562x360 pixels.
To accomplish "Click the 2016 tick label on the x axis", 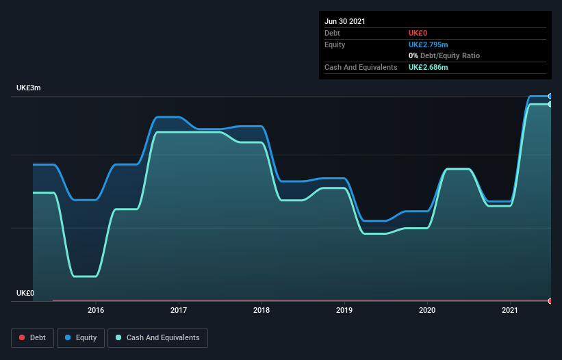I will click(96, 310).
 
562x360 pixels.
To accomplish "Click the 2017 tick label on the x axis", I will click(179, 310).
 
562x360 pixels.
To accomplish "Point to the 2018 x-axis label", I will click(261, 310).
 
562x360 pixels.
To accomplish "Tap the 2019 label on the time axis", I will click(344, 310).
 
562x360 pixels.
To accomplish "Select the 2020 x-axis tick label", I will click(427, 310).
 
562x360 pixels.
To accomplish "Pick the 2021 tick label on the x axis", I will click(510, 310).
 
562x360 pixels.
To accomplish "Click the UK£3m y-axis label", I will click(29, 88).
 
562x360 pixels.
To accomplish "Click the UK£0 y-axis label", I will click(25, 293).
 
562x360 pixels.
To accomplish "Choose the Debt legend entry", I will click(31, 337).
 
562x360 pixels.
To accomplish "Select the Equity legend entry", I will click(81, 337).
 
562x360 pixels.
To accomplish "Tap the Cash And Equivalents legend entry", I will click(157, 337).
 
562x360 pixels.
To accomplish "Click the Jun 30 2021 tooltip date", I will click(345, 21).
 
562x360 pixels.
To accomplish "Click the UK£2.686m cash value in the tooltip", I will click(429, 67).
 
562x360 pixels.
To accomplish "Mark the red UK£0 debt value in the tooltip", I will click(418, 33).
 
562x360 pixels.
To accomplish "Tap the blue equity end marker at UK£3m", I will click(550, 96).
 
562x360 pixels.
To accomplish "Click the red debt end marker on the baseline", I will click(550, 300).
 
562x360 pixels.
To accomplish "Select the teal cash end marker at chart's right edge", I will click(550, 104).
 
